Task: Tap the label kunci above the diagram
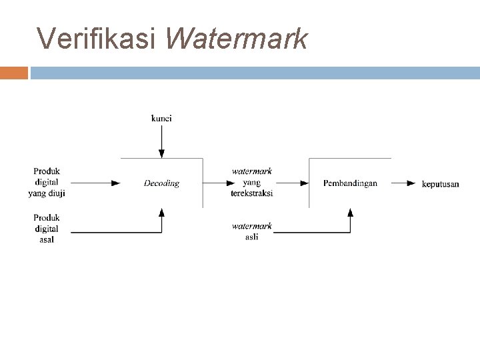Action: point(161,119)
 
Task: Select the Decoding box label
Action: point(161,183)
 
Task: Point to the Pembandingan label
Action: point(350,183)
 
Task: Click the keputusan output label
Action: point(441,184)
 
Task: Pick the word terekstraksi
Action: point(251,193)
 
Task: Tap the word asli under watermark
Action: point(251,237)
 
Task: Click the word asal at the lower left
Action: point(46,240)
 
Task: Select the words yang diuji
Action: point(47,193)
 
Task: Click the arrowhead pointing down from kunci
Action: point(161,154)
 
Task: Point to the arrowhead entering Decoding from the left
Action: point(116,183)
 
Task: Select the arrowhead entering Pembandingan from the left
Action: point(304,183)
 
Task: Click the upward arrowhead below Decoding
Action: point(161,213)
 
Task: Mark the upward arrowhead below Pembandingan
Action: point(350,213)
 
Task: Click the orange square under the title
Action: point(14,72)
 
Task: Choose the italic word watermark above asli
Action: point(251,227)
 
